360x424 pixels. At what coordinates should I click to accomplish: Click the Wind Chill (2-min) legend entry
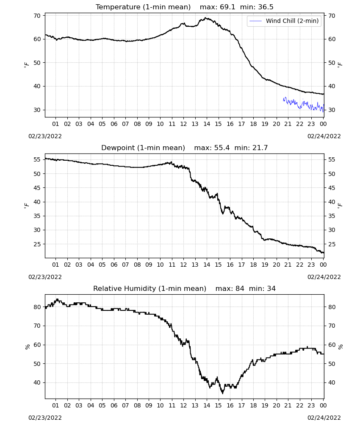(x=284, y=21)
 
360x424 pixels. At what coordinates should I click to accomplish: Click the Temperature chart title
(x=185, y=7)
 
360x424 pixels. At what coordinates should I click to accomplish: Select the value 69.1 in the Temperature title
(x=228, y=7)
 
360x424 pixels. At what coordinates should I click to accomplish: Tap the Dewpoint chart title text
(x=185, y=148)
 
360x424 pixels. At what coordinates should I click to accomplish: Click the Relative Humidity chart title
(x=185, y=288)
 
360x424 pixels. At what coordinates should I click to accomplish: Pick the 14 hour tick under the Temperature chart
(x=207, y=124)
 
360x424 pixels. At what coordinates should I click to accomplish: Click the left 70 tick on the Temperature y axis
(x=37, y=16)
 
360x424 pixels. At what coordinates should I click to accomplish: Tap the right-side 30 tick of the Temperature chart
(x=332, y=110)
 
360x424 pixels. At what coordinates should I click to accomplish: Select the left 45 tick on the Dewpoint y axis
(x=37, y=188)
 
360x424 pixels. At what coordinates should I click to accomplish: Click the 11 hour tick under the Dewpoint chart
(x=172, y=265)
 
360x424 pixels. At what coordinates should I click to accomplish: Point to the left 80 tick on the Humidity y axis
(x=37, y=307)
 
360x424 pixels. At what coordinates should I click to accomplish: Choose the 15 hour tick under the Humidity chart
(x=218, y=405)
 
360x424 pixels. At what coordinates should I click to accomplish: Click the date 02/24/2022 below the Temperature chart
(x=324, y=136)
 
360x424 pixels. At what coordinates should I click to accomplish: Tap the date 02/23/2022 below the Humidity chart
(x=45, y=418)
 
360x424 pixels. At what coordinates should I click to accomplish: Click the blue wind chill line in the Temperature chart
(x=304, y=104)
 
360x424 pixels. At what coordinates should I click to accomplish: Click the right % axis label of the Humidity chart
(x=341, y=347)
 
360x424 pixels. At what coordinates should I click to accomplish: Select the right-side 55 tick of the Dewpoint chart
(x=332, y=159)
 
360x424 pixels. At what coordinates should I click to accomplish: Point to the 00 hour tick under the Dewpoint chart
(x=323, y=265)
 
